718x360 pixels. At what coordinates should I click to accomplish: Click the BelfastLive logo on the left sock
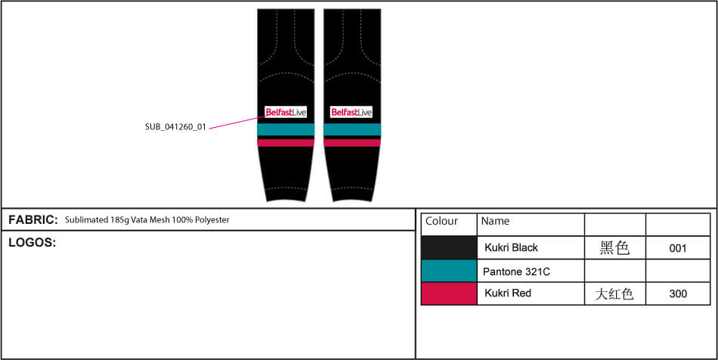[x=286, y=112]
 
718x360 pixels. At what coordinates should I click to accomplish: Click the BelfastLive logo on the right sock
[x=351, y=112]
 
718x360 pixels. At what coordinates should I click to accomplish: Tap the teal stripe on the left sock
[x=286, y=129]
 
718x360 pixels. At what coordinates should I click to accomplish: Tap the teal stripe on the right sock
[x=352, y=129]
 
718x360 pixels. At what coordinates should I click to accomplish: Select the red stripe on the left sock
[x=286, y=142]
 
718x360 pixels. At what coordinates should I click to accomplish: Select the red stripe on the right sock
[x=352, y=142]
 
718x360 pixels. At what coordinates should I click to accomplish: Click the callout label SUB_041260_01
[x=176, y=127]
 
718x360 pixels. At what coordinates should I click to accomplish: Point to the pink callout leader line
[x=237, y=123]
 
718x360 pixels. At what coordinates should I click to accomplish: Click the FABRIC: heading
[x=33, y=220]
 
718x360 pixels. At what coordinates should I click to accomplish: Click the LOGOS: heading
[x=32, y=244]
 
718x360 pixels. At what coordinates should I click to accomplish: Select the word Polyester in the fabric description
[x=212, y=220]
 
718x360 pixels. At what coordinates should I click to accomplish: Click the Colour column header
[x=441, y=222]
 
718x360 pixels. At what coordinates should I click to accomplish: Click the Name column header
[x=495, y=222]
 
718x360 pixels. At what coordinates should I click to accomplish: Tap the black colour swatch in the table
[x=449, y=248]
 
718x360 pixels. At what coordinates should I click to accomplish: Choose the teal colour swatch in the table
[x=449, y=271]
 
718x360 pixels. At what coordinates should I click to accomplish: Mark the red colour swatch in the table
[x=449, y=293]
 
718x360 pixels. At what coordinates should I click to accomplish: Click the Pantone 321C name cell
[x=516, y=272]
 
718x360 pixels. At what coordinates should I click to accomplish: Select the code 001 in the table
[x=678, y=248]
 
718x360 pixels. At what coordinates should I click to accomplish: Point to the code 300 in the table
[x=678, y=293]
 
